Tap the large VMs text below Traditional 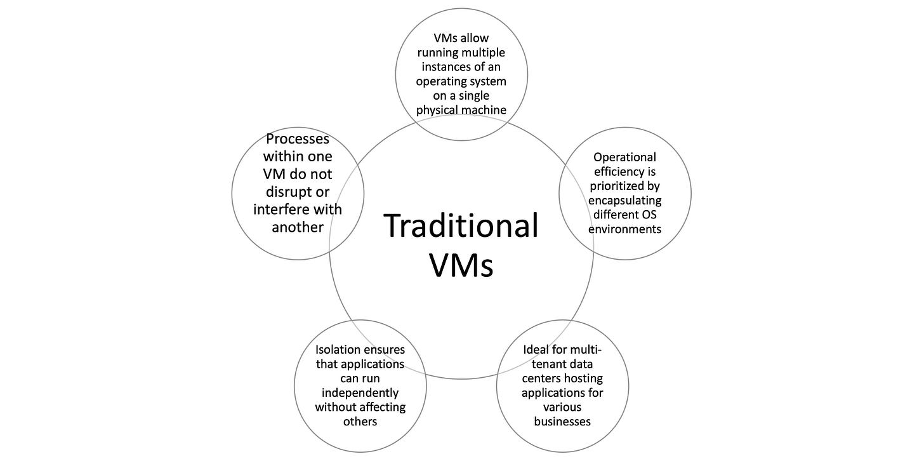point(461,265)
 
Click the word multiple point(484,53)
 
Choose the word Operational point(624,157)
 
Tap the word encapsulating point(624,200)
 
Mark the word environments point(624,229)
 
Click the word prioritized point(624,186)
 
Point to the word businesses point(562,421)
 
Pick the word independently point(360,392)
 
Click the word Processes point(298,139)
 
